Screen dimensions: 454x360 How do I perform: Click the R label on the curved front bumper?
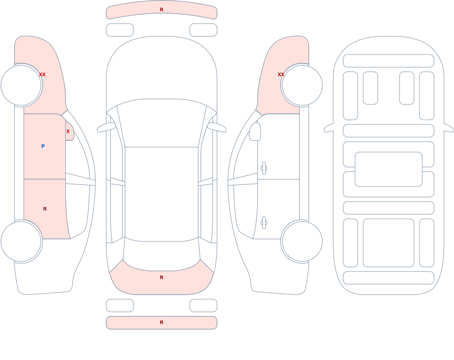coord(162,10)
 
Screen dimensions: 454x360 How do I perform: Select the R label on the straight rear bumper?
coord(162,322)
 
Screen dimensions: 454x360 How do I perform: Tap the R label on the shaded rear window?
coord(162,277)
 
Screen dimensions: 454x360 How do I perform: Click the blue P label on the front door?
coord(43,146)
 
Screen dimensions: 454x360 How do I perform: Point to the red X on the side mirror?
coord(68,131)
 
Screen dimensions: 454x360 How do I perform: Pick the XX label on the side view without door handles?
coord(42,74)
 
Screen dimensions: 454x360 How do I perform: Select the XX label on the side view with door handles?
coord(281,74)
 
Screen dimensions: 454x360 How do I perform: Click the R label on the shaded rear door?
coord(45,209)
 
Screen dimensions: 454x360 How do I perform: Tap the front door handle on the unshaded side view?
coord(264,168)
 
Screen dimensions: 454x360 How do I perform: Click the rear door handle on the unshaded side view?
coord(264,223)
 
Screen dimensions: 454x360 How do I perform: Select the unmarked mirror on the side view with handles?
coord(255,132)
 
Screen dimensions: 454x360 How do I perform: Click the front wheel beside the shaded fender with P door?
coord(21,85)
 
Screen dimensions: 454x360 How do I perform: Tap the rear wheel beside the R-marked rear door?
coord(21,241)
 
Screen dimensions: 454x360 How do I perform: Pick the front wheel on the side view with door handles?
coord(302,85)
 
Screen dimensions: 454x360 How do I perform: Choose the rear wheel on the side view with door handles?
coord(302,241)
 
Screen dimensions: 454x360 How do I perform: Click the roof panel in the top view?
coord(162,194)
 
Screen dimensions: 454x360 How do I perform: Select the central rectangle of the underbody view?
coord(389,169)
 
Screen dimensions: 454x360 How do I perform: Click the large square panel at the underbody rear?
coord(389,243)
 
